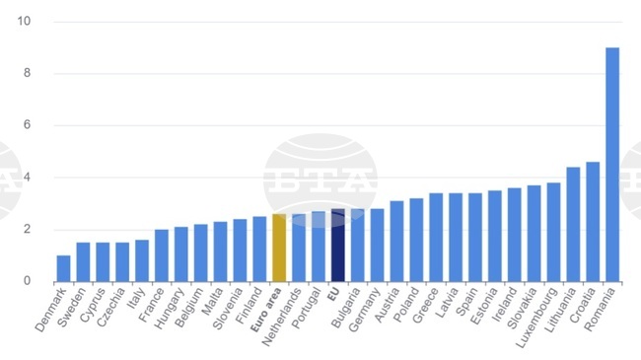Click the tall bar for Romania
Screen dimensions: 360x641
(612, 165)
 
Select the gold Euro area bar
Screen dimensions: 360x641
(279, 248)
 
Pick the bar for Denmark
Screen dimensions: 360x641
(63, 268)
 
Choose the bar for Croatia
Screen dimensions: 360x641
(593, 222)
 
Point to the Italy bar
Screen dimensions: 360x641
(142, 260)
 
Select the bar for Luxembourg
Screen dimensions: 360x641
(553, 232)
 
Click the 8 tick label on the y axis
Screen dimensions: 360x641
(27, 73)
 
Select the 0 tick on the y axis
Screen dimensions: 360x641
(27, 281)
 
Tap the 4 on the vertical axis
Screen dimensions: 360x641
(27, 178)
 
